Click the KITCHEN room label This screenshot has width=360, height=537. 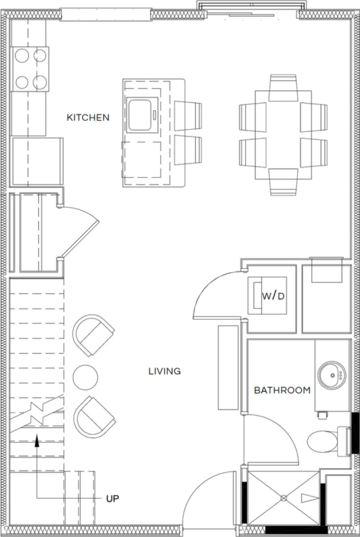pyautogui.click(x=88, y=117)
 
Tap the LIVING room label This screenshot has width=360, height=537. pyautogui.click(x=165, y=371)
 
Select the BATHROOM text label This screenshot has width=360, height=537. pyautogui.click(x=282, y=390)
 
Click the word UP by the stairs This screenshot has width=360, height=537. pyautogui.click(x=112, y=499)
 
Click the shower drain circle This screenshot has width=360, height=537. pyautogui.click(x=284, y=498)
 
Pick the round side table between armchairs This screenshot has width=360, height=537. pyautogui.click(x=85, y=377)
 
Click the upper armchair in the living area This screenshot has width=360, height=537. pyautogui.click(x=94, y=335)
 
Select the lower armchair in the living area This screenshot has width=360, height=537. pyautogui.click(x=94, y=417)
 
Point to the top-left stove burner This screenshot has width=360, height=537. pyautogui.click(x=22, y=56)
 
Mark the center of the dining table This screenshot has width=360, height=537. pyautogui.click(x=283, y=134)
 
